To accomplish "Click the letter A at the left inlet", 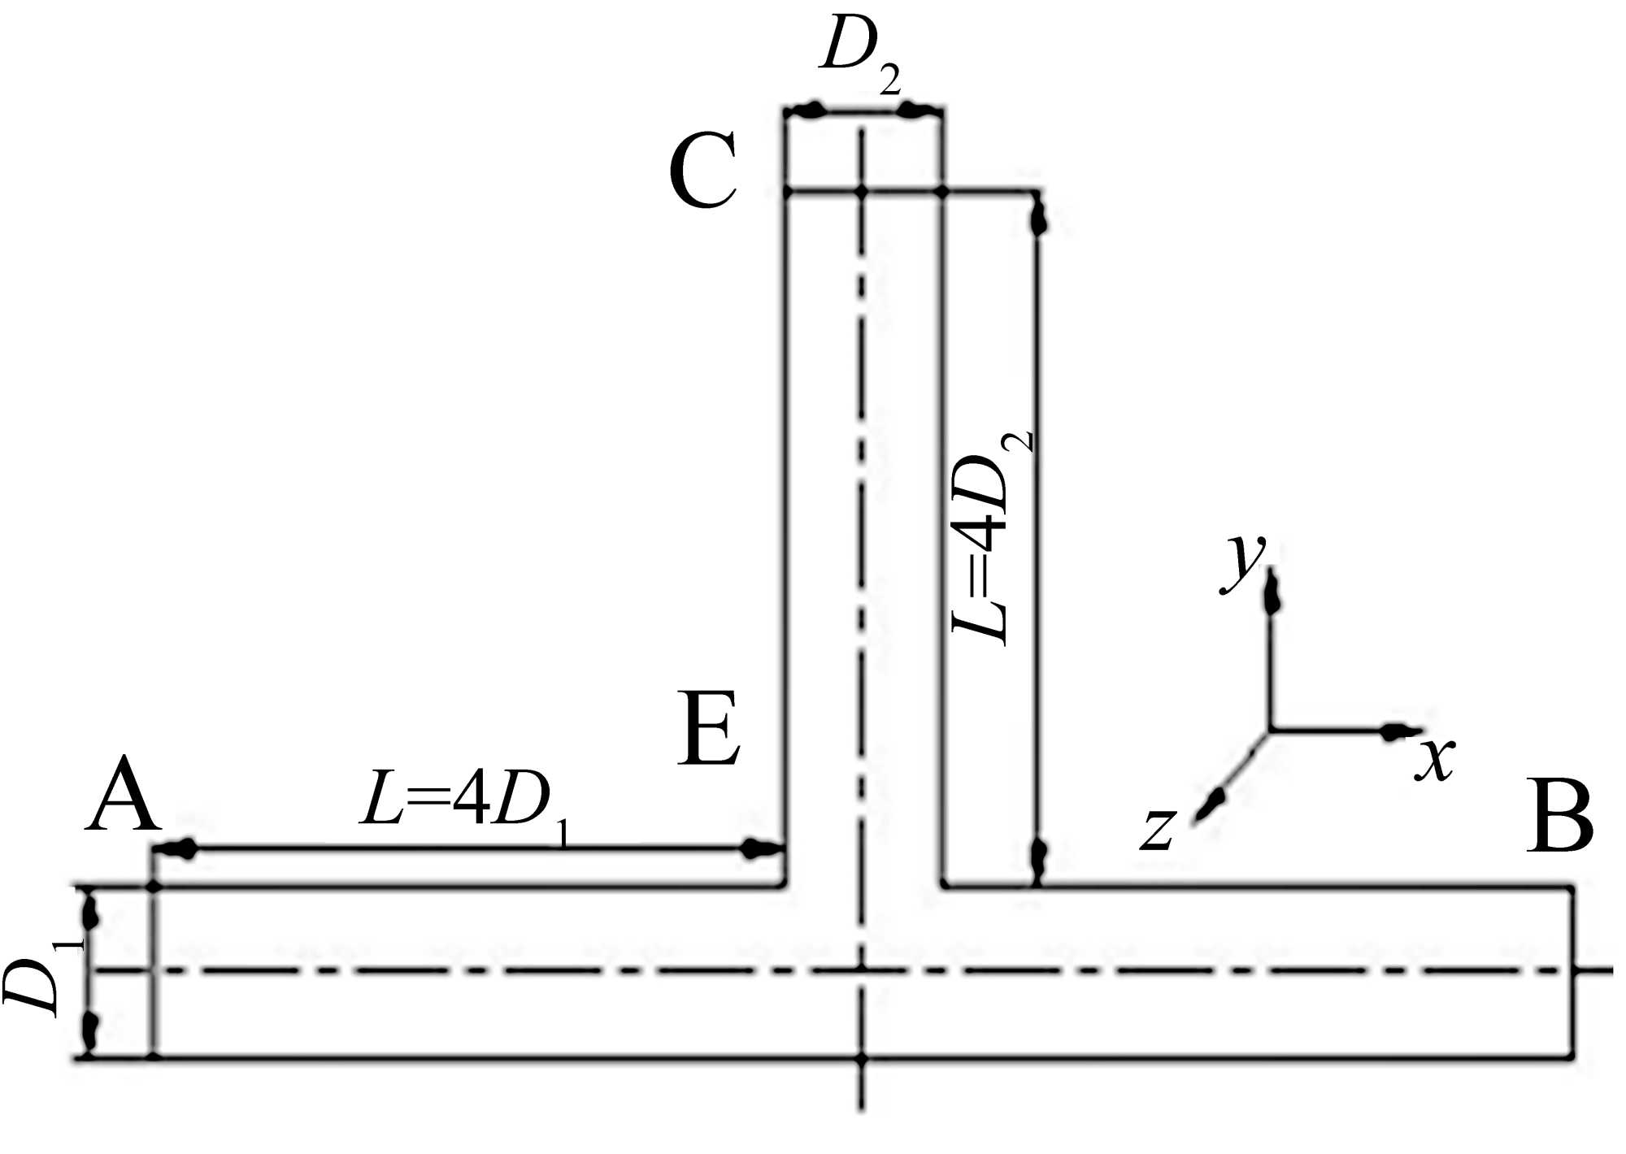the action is pyautogui.click(x=123, y=794).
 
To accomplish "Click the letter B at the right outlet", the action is pyautogui.click(x=1559, y=816).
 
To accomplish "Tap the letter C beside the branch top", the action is pyautogui.click(x=702, y=171).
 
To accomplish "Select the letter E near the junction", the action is pyautogui.click(x=709, y=728).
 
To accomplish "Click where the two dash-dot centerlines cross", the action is pyautogui.click(x=863, y=970).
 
